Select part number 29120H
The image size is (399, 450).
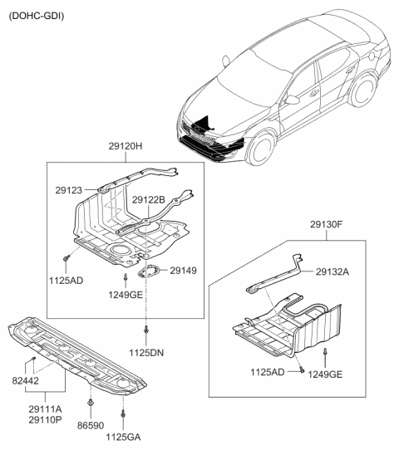(x=126, y=146)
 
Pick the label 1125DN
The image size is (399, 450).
(x=146, y=352)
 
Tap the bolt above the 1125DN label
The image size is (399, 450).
(x=146, y=331)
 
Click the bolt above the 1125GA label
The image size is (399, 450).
(x=124, y=412)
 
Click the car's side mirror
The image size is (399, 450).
(x=292, y=99)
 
